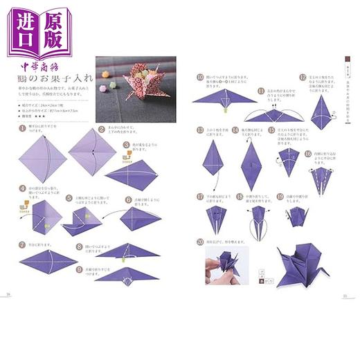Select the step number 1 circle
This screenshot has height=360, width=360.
pyautogui.click(x=22, y=129)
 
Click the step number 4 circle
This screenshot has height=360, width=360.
pyautogui.click(x=22, y=187)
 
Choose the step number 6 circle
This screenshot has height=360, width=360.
pyautogui.click(x=129, y=199)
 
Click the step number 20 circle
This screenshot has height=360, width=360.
pyautogui.click(x=200, y=242)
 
